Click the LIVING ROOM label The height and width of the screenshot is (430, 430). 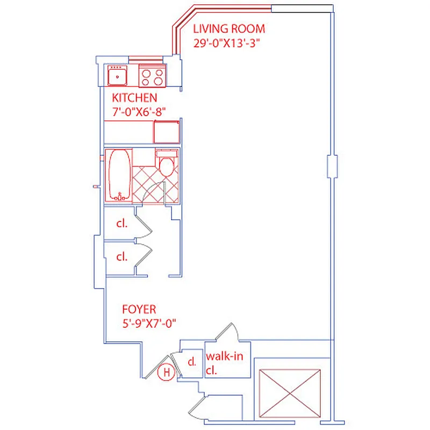pos(229,29)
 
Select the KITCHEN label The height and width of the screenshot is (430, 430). pos(134,98)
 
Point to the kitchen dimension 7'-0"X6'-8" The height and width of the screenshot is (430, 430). pos(138,111)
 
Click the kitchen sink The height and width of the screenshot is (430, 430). pos(117,76)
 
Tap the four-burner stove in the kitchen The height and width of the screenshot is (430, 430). pos(152,75)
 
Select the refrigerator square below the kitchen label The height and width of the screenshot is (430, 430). pos(166,132)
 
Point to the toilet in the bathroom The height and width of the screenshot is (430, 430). pos(167,164)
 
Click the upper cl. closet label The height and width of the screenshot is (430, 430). pos(122,224)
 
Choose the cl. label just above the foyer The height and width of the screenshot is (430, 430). pos(122,257)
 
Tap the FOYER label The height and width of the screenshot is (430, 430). pos(139,310)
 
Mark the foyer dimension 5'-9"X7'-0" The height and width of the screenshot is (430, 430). pos(149,323)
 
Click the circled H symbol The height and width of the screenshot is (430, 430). pos(167,372)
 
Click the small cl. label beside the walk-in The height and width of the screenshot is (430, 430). pos(191,362)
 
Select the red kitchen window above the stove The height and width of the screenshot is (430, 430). pos(145,59)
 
